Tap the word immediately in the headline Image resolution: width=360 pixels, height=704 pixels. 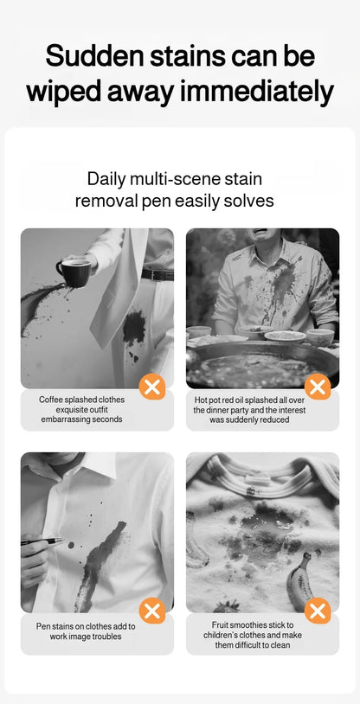(x=260, y=91)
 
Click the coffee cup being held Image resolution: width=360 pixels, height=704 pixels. (x=73, y=271)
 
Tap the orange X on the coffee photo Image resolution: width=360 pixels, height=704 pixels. (x=152, y=387)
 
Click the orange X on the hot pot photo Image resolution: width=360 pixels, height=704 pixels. (x=318, y=387)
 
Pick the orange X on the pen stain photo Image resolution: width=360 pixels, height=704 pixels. (x=152, y=611)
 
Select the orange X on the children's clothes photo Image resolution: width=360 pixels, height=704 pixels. (x=318, y=611)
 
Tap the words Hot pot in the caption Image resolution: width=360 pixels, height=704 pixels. (x=213, y=400)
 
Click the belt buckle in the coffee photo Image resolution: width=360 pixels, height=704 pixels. (x=157, y=274)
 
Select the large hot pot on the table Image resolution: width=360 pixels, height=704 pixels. (x=260, y=363)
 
